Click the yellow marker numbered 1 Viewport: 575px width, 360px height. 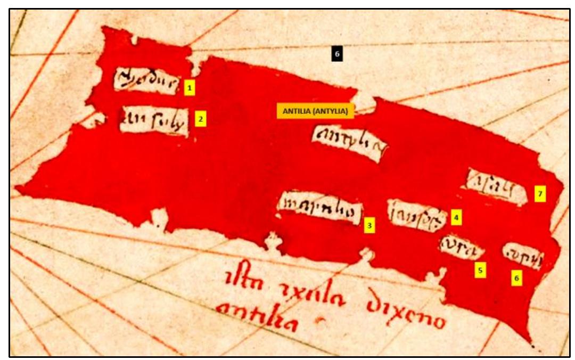click(190, 87)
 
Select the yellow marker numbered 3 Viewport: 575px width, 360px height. click(370, 225)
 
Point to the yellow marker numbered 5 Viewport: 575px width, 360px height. click(480, 270)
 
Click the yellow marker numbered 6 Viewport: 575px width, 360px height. click(516, 277)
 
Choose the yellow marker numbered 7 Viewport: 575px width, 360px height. click(540, 194)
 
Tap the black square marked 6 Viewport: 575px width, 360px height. click(336, 54)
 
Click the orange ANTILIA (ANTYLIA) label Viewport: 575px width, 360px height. click(315, 111)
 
